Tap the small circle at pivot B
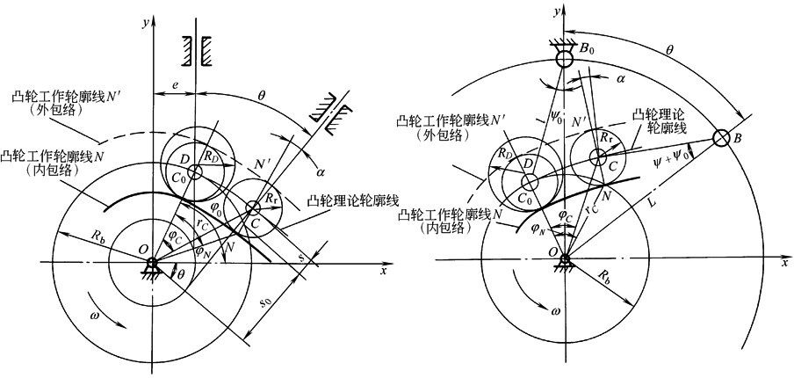pos(721,139)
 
